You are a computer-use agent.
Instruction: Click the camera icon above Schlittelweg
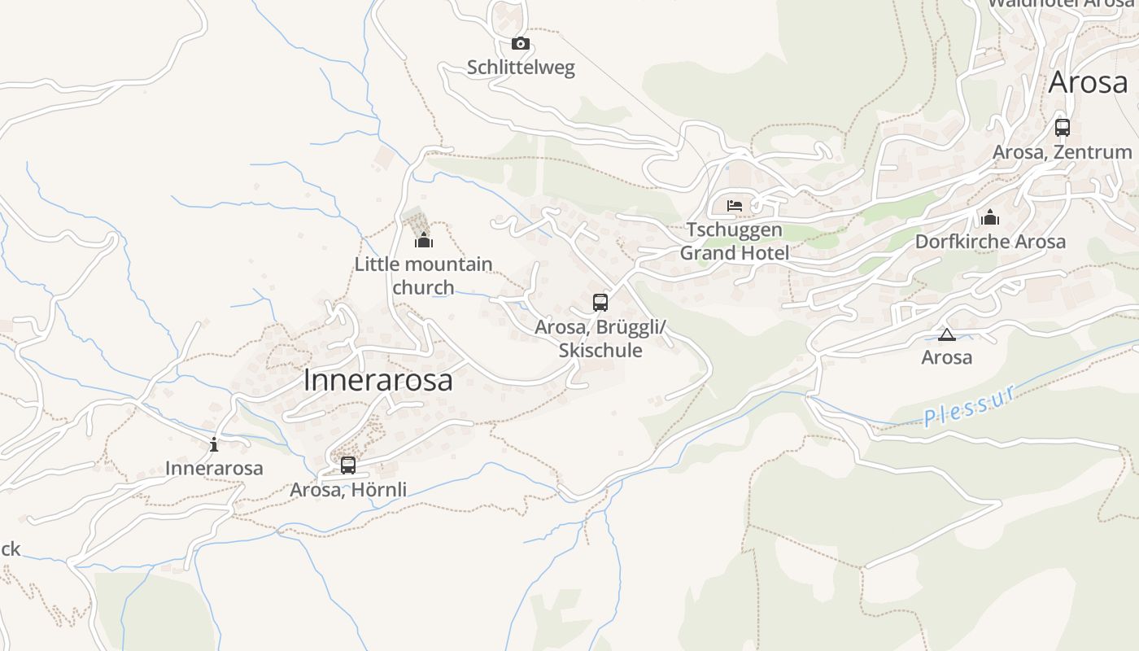click(x=521, y=44)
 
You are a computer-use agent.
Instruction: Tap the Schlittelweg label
click(x=521, y=68)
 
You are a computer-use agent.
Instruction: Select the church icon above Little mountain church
click(x=424, y=240)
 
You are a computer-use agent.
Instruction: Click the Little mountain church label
click(x=423, y=275)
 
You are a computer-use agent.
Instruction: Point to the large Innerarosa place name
click(x=377, y=380)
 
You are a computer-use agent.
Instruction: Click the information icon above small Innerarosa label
click(x=214, y=444)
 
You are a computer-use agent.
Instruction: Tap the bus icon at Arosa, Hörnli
click(x=348, y=465)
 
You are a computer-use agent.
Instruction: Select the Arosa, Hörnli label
click(x=348, y=489)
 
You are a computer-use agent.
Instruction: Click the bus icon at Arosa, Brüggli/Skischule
click(x=600, y=303)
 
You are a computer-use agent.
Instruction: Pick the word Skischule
click(x=600, y=350)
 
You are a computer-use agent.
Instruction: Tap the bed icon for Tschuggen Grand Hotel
click(x=735, y=206)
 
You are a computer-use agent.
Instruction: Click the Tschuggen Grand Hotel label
click(x=734, y=241)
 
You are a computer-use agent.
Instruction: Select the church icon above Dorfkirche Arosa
click(x=990, y=217)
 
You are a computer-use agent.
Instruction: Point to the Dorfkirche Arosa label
click(x=990, y=242)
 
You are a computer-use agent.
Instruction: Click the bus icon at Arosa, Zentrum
click(x=1063, y=128)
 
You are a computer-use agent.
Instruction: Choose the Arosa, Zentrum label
click(x=1062, y=152)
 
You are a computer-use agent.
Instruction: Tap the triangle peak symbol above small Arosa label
click(x=947, y=334)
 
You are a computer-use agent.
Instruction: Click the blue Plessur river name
click(x=970, y=406)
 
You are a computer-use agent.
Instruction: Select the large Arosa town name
click(x=1088, y=82)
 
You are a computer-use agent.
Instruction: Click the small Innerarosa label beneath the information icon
click(x=214, y=468)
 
